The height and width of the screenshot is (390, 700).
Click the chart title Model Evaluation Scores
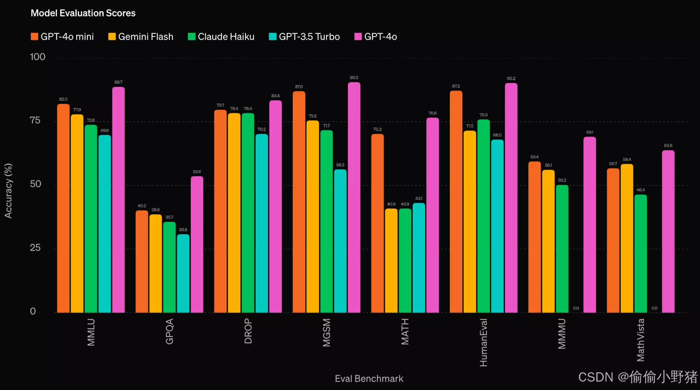point(83,13)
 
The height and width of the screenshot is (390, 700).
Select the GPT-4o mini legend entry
point(62,37)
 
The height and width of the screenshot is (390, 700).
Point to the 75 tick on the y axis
point(35,120)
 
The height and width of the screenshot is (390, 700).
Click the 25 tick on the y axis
point(35,248)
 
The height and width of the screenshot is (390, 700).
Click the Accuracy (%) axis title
point(8,191)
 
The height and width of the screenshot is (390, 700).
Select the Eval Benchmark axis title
point(369,379)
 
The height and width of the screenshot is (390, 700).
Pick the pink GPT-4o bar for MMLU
point(118,200)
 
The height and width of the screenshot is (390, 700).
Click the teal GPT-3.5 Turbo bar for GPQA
point(183,273)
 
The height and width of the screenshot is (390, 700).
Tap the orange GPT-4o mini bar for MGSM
point(299,202)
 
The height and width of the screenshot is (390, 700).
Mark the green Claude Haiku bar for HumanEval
point(484,216)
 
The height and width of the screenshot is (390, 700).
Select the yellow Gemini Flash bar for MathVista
point(627,238)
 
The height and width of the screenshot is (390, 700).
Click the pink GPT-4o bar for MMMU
point(590,224)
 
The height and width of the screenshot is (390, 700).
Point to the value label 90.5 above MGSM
point(354,78)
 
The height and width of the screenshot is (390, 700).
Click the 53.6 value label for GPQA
point(197,172)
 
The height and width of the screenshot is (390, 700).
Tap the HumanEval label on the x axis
point(484,342)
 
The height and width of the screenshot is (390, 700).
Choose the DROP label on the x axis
point(248,331)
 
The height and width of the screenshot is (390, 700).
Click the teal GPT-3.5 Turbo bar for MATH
point(419,258)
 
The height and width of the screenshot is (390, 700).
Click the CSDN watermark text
point(637,377)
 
